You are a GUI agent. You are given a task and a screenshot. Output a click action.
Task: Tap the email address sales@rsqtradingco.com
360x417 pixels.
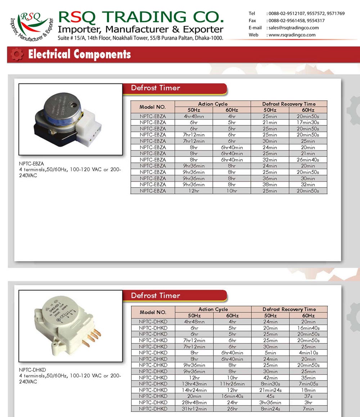tap(293, 28)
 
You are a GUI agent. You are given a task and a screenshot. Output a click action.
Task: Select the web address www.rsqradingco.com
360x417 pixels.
tap(292, 35)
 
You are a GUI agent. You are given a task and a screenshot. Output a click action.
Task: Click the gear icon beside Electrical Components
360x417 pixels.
tap(17, 54)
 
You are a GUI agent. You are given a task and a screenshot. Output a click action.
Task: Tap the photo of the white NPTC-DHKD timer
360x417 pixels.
tap(71, 321)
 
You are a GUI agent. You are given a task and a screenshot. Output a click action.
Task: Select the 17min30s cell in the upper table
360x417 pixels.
tap(308, 122)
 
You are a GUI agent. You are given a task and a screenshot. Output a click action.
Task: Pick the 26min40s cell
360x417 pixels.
tap(308, 160)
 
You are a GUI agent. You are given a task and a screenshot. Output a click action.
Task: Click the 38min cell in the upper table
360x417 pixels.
tap(270, 184)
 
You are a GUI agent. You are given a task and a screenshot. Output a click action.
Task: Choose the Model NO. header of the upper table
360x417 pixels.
tap(153, 107)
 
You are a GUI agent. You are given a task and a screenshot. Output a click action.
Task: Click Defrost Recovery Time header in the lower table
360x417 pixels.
tap(289, 309)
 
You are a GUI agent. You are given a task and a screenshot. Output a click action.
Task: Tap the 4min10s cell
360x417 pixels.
tap(308, 353)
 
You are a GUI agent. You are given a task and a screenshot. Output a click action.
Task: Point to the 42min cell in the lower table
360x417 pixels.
tap(270, 378)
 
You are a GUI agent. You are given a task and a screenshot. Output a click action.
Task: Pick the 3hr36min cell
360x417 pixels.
tap(270, 403)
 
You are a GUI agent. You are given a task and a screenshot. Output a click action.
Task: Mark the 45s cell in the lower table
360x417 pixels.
tap(270, 396)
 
